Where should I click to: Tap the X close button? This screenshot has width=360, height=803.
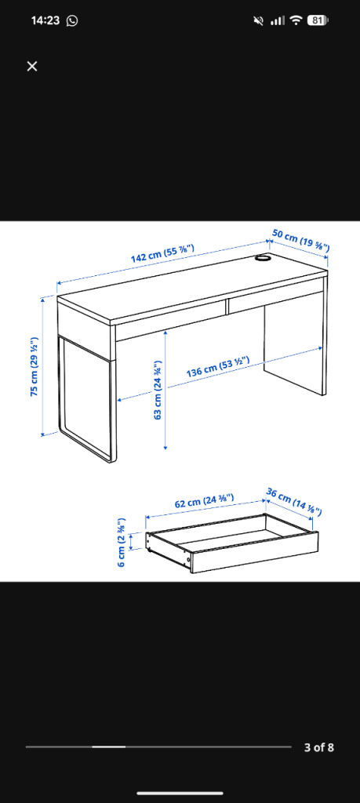coord(31,66)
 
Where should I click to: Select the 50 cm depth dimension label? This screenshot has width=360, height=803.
coord(300,241)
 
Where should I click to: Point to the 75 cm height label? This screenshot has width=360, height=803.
coord(35,366)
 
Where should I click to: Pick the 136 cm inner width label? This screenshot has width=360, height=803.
coord(217,365)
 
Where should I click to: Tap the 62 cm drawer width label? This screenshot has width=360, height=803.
coord(205,500)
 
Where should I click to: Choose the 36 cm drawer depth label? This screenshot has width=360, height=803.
coord(293,501)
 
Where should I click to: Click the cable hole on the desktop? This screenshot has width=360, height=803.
coord(264,259)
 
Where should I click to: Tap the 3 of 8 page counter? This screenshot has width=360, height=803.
coord(318,747)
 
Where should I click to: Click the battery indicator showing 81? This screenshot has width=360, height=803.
coord(318,20)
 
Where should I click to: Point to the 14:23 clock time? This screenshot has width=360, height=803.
coord(45,20)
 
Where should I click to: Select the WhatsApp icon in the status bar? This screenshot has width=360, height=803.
coord(72,20)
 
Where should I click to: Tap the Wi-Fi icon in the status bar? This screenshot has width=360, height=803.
coord(296,20)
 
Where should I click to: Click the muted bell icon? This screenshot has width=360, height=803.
coord(259,20)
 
